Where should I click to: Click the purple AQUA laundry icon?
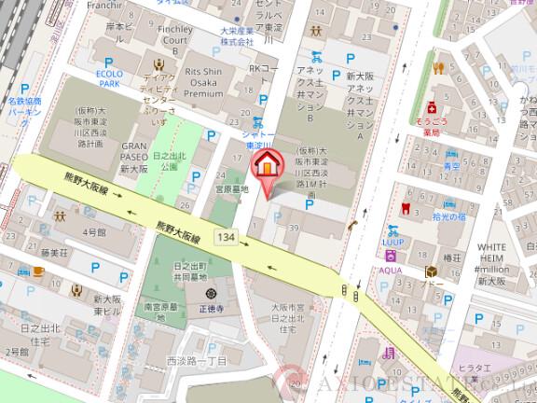(391, 255)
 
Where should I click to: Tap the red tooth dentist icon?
(404, 207)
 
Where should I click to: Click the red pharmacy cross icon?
(431, 109)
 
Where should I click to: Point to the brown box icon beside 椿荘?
(431, 271)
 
